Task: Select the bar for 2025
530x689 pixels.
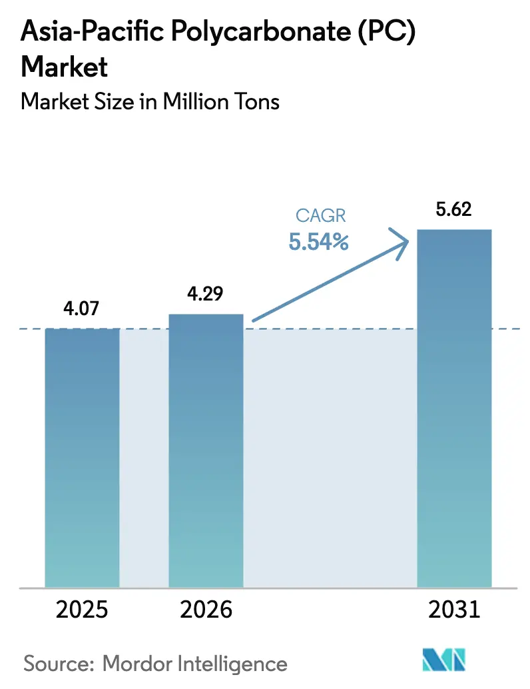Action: click(82, 457)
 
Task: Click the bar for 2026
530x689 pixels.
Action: click(206, 450)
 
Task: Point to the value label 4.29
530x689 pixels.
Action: click(206, 295)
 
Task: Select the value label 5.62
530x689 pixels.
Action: click(453, 211)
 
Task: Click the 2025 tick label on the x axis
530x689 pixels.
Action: click(82, 610)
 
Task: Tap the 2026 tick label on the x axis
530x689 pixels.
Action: click(206, 610)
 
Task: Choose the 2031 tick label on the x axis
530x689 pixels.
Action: click(453, 610)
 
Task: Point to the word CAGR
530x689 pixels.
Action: click(318, 217)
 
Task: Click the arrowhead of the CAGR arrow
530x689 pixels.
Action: click(401, 241)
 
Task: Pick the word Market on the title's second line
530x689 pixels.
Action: click(64, 67)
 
